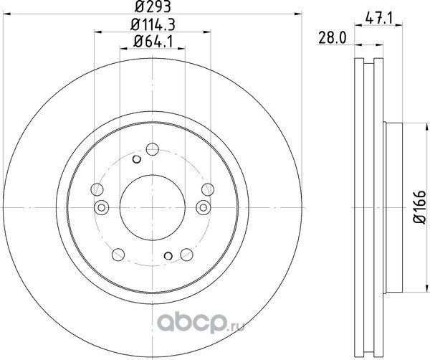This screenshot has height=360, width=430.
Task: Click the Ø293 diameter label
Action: [x=153, y=6]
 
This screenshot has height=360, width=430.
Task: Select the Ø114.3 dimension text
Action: [x=153, y=25]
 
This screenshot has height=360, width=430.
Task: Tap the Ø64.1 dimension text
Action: [x=153, y=42]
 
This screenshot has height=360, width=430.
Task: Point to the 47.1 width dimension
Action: [x=379, y=19]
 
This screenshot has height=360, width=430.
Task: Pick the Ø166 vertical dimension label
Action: [x=420, y=207]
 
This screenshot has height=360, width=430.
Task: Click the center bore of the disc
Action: [x=153, y=207]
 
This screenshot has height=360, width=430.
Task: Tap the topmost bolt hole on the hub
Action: [x=153, y=149]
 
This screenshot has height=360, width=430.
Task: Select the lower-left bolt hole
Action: [x=118, y=255]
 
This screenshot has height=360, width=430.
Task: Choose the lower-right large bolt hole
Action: [x=187, y=255]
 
